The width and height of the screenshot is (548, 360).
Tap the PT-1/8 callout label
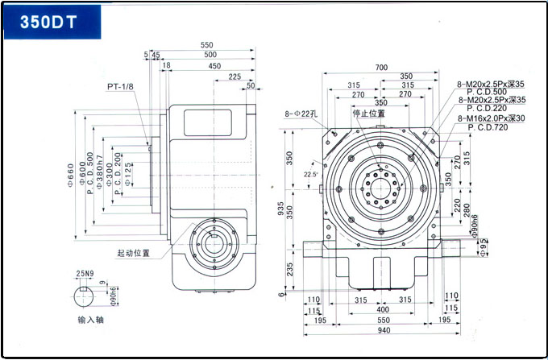(122, 86)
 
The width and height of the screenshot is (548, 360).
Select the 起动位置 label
(134, 253)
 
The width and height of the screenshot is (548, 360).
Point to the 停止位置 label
(369, 114)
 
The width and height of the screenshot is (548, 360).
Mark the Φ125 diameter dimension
(129, 174)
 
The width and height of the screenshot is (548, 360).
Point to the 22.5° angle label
(310, 174)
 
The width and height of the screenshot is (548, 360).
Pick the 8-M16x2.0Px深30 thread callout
(491, 118)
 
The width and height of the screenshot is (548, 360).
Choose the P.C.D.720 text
(487, 127)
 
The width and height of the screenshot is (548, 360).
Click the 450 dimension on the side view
(214, 66)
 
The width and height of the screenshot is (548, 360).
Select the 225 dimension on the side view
(235, 77)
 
